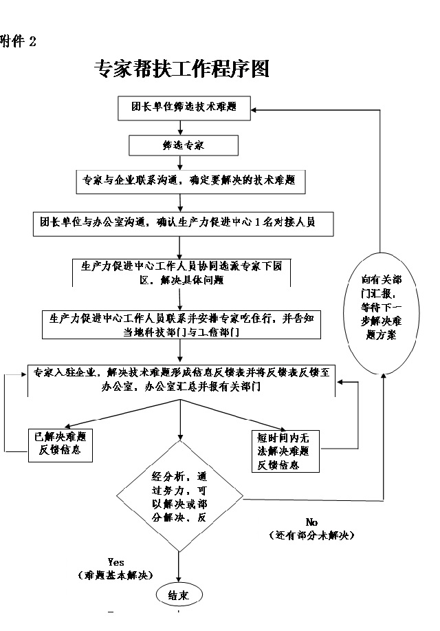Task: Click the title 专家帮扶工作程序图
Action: [180, 69]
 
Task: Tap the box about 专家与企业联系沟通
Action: [188, 181]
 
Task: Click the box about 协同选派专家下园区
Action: [181, 272]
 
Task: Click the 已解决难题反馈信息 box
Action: [60, 443]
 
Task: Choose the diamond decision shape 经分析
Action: [180, 497]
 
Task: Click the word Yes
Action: [115, 562]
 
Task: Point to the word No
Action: [311, 522]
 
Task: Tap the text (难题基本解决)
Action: [115, 574]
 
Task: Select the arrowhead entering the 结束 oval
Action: [179, 580]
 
